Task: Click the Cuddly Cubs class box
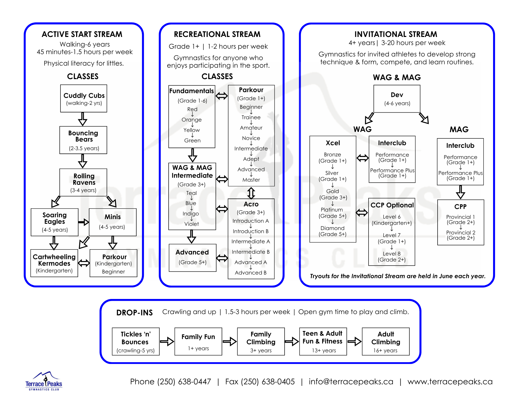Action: point(84,98)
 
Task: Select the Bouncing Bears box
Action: point(83,140)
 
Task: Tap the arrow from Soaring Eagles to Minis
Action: point(84,222)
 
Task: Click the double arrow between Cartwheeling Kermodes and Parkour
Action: point(84,263)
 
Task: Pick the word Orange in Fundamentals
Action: point(192,120)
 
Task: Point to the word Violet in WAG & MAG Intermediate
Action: point(192,224)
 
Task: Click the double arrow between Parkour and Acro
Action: point(251,193)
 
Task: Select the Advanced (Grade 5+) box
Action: point(193,258)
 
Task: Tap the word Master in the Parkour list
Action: point(251,180)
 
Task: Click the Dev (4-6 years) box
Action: point(397,99)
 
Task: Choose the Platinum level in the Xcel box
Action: point(332,210)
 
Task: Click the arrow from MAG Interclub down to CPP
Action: point(461,192)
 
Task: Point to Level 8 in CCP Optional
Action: point(392,254)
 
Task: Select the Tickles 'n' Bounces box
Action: point(136,341)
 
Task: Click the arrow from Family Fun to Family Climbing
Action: point(230,341)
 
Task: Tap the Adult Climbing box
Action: point(386,341)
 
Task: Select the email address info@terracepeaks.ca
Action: point(351,382)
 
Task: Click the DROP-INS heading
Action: point(134,312)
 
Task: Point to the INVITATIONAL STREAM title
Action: point(396,34)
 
